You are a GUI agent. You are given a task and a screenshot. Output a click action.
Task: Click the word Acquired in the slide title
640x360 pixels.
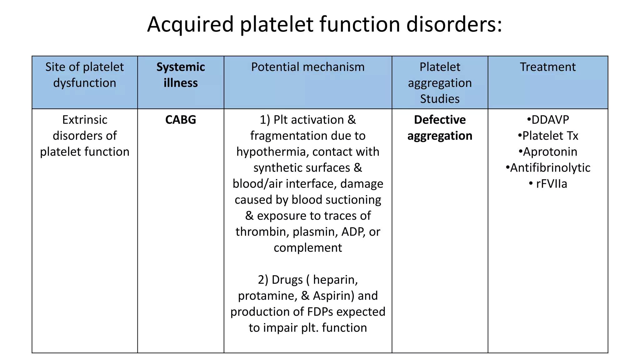pyautogui.click(x=190, y=24)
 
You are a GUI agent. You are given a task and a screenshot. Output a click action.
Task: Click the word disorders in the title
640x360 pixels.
pyautogui.click(x=454, y=24)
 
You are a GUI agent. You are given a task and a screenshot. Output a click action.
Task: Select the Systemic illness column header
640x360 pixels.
pyautogui.click(x=181, y=75)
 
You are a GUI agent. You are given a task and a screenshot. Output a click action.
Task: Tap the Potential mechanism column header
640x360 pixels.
pyautogui.click(x=308, y=67)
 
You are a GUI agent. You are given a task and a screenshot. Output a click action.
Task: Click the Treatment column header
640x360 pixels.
pyautogui.click(x=547, y=67)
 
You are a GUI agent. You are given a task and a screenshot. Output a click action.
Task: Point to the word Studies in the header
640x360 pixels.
pyautogui.click(x=440, y=99)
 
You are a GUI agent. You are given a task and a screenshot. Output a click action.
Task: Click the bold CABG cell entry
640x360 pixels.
pyautogui.click(x=181, y=120)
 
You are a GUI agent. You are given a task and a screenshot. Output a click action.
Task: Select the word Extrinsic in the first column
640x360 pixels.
pyautogui.click(x=85, y=120)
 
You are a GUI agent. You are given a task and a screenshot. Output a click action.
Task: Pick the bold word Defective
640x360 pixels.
pyautogui.click(x=440, y=120)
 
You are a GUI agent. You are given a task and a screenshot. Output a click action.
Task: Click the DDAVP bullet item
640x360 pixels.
pyautogui.click(x=550, y=120)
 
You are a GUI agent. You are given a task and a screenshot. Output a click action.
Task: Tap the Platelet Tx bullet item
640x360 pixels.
pyautogui.click(x=550, y=136)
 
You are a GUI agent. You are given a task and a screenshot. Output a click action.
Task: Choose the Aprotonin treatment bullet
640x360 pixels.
pyautogui.click(x=550, y=152)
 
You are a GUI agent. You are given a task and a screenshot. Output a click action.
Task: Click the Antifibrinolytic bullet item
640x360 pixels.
pyautogui.click(x=550, y=168)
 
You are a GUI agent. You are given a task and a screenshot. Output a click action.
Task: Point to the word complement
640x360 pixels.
pyautogui.click(x=308, y=248)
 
